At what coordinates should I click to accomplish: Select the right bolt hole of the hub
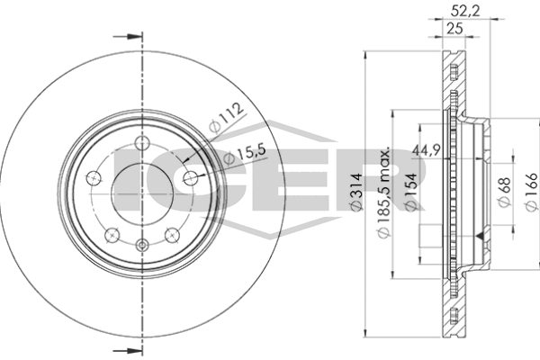click(190, 177)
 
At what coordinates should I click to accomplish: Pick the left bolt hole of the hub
click(93, 177)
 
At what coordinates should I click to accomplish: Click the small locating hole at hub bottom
click(141, 245)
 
